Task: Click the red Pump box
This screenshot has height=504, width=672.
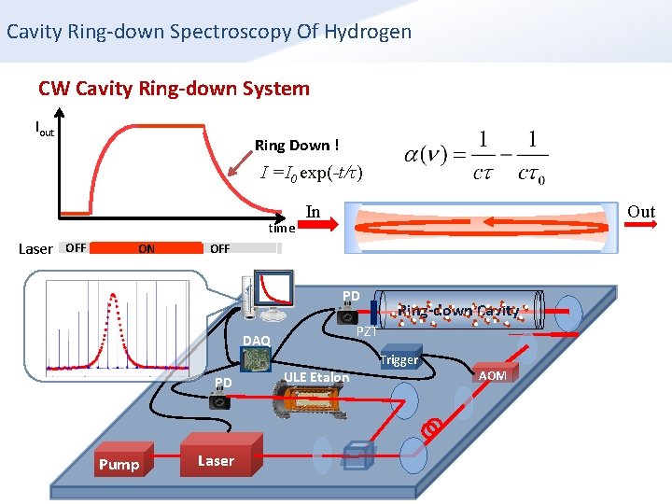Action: click(x=119, y=464)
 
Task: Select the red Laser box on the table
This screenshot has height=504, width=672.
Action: click(x=216, y=460)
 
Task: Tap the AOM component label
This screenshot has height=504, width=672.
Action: click(x=492, y=375)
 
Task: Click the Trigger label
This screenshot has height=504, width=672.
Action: click(x=399, y=359)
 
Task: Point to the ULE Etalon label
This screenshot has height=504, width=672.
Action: click(x=316, y=377)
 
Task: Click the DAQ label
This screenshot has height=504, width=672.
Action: click(x=256, y=340)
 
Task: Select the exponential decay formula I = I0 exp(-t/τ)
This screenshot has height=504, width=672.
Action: click(x=312, y=173)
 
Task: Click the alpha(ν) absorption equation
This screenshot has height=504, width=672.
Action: click(x=477, y=155)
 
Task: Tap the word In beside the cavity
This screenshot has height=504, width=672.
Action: click(x=313, y=212)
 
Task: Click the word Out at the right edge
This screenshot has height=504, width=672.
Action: click(x=640, y=212)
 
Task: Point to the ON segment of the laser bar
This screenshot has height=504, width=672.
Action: click(x=147, y=248)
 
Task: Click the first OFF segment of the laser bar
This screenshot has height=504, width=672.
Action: click(x=77, y=248)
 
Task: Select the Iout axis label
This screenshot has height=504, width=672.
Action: click(x=44, y=128)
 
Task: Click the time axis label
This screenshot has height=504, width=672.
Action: click(x=281, y=228)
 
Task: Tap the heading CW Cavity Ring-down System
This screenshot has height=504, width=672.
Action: click(x=174, y=89)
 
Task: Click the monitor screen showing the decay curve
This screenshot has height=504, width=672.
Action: click(x=277, y=287)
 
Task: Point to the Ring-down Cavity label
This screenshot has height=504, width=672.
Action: click(x=457, y=310)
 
